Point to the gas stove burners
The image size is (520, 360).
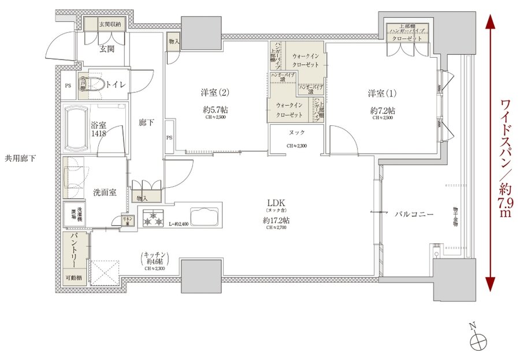tap(154, 219)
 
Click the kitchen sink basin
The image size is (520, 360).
tap(203, 218)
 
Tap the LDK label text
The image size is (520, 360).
tap(274, 203)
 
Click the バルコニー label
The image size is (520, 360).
tap(414, 214)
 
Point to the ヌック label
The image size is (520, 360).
tap(297, 132)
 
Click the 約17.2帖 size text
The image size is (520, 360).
tap(276, 221)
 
